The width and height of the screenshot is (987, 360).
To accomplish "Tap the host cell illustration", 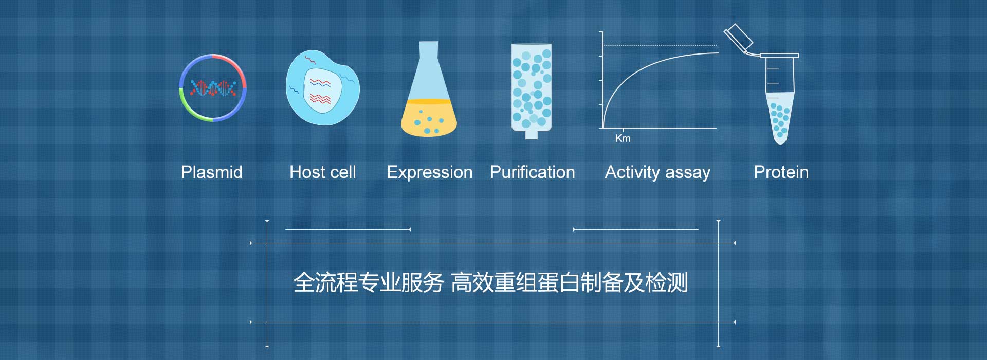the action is (322, 88).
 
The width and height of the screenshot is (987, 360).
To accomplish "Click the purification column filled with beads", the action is (532, 87).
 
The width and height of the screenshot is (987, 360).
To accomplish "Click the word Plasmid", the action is (212, 172).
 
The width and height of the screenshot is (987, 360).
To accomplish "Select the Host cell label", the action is (323, 172).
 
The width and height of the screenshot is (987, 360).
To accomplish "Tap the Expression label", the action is (430, 172).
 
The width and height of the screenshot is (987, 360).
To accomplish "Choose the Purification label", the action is (533, 172).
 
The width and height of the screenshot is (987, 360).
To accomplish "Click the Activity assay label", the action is (658, 172).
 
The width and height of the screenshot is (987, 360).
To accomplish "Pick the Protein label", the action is (781, 172).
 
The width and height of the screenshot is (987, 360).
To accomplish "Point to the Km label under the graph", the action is (623, 138).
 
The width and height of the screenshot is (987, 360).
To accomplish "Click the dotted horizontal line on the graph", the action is (661, 45).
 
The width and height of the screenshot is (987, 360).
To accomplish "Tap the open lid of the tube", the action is (738, 38).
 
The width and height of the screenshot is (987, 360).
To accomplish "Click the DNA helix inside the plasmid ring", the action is (213, 88).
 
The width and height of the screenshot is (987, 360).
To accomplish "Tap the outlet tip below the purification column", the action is (532, 135).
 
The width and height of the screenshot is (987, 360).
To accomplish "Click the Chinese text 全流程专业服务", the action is (369, 282).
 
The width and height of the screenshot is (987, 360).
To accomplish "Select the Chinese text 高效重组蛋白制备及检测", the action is (570, 282).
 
